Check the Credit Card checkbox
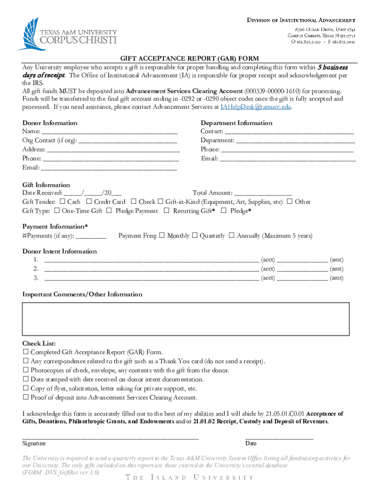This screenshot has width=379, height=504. (x=89, y=201)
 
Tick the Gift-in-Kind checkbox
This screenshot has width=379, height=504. (x=160, y=201)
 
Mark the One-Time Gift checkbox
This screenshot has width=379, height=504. (x=57, y=211)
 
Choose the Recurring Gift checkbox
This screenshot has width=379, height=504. (x=167, y=211)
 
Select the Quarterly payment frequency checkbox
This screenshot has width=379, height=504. (x=195, y=236)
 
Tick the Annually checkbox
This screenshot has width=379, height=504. (x=232, y=236)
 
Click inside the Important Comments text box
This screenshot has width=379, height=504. (x=186, y=318)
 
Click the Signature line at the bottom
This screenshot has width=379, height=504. (x=110, y=437)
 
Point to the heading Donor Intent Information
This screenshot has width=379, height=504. (x=60, y=252)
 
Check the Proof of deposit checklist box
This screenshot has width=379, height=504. (x=26, y=397)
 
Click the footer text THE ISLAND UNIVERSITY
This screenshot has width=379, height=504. (x=189, y=478)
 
